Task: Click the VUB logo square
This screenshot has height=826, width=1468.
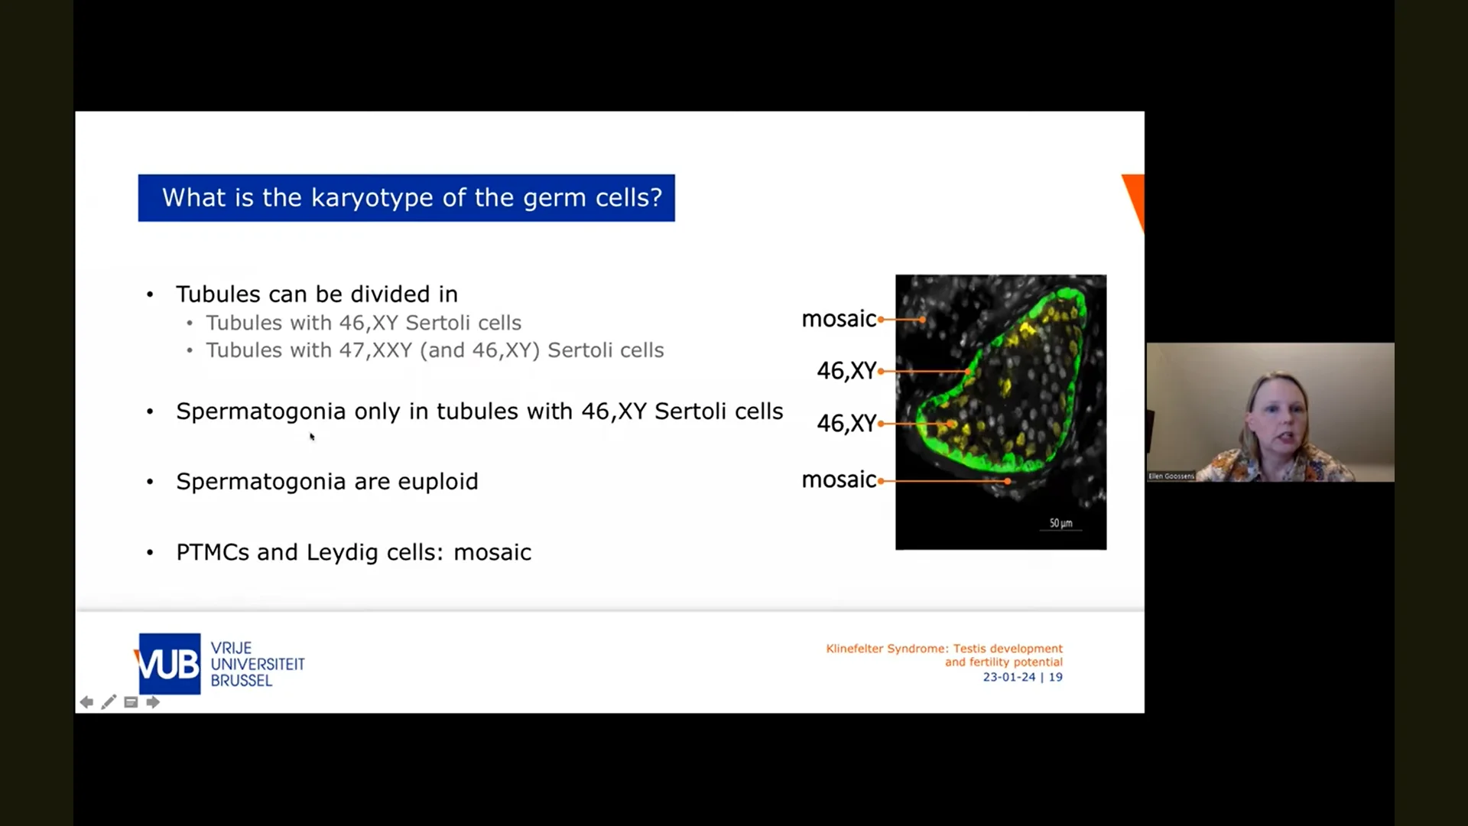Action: coord(169,664)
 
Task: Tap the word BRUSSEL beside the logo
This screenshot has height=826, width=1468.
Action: coord(242,681)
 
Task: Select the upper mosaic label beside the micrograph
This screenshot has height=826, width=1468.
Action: coord(839,319)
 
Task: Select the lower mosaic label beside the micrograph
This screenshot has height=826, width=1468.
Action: coord(839,480)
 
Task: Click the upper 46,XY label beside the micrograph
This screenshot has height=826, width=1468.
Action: coord(846,371)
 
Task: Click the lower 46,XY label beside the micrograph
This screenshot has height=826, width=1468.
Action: coord(846,423)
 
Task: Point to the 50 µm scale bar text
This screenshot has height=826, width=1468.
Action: coord(1061,523)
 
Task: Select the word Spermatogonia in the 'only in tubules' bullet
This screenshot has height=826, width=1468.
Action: coord(261,412)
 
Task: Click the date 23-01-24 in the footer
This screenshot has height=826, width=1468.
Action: coord(1009,677)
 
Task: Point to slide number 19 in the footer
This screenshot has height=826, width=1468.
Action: coord(1056,677)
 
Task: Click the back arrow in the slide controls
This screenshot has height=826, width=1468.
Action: coord(86,702)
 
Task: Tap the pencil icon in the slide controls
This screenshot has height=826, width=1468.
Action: coord(109,702)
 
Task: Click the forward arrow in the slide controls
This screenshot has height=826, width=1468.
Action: coord(153,702)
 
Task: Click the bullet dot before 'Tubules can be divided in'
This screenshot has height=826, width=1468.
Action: coord(150,295)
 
